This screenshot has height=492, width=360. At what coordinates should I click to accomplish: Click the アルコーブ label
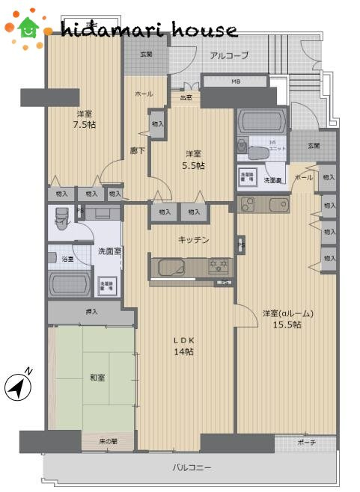(x=228, y=55)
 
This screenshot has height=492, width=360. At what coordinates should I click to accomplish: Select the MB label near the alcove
(x=235, y=81)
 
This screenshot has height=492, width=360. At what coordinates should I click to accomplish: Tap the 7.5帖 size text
(x=84, y=125)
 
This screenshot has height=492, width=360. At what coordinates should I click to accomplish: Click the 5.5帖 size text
(x=194, y=165)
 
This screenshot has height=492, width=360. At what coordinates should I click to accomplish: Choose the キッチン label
(x=193, y=239)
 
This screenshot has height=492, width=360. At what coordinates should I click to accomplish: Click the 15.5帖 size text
(x=287, y=325)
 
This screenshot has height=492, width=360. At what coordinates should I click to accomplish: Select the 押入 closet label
(x=91, y=311)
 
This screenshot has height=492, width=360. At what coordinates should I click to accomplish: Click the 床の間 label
(x=109, y=442)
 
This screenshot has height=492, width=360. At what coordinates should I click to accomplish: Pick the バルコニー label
(x=192, y=468)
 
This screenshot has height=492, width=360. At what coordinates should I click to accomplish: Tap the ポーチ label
(x=307, y=443)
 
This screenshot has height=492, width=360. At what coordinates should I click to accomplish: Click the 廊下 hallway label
(x=137, y=150)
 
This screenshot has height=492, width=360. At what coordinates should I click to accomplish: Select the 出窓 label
(x=185, y=96)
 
